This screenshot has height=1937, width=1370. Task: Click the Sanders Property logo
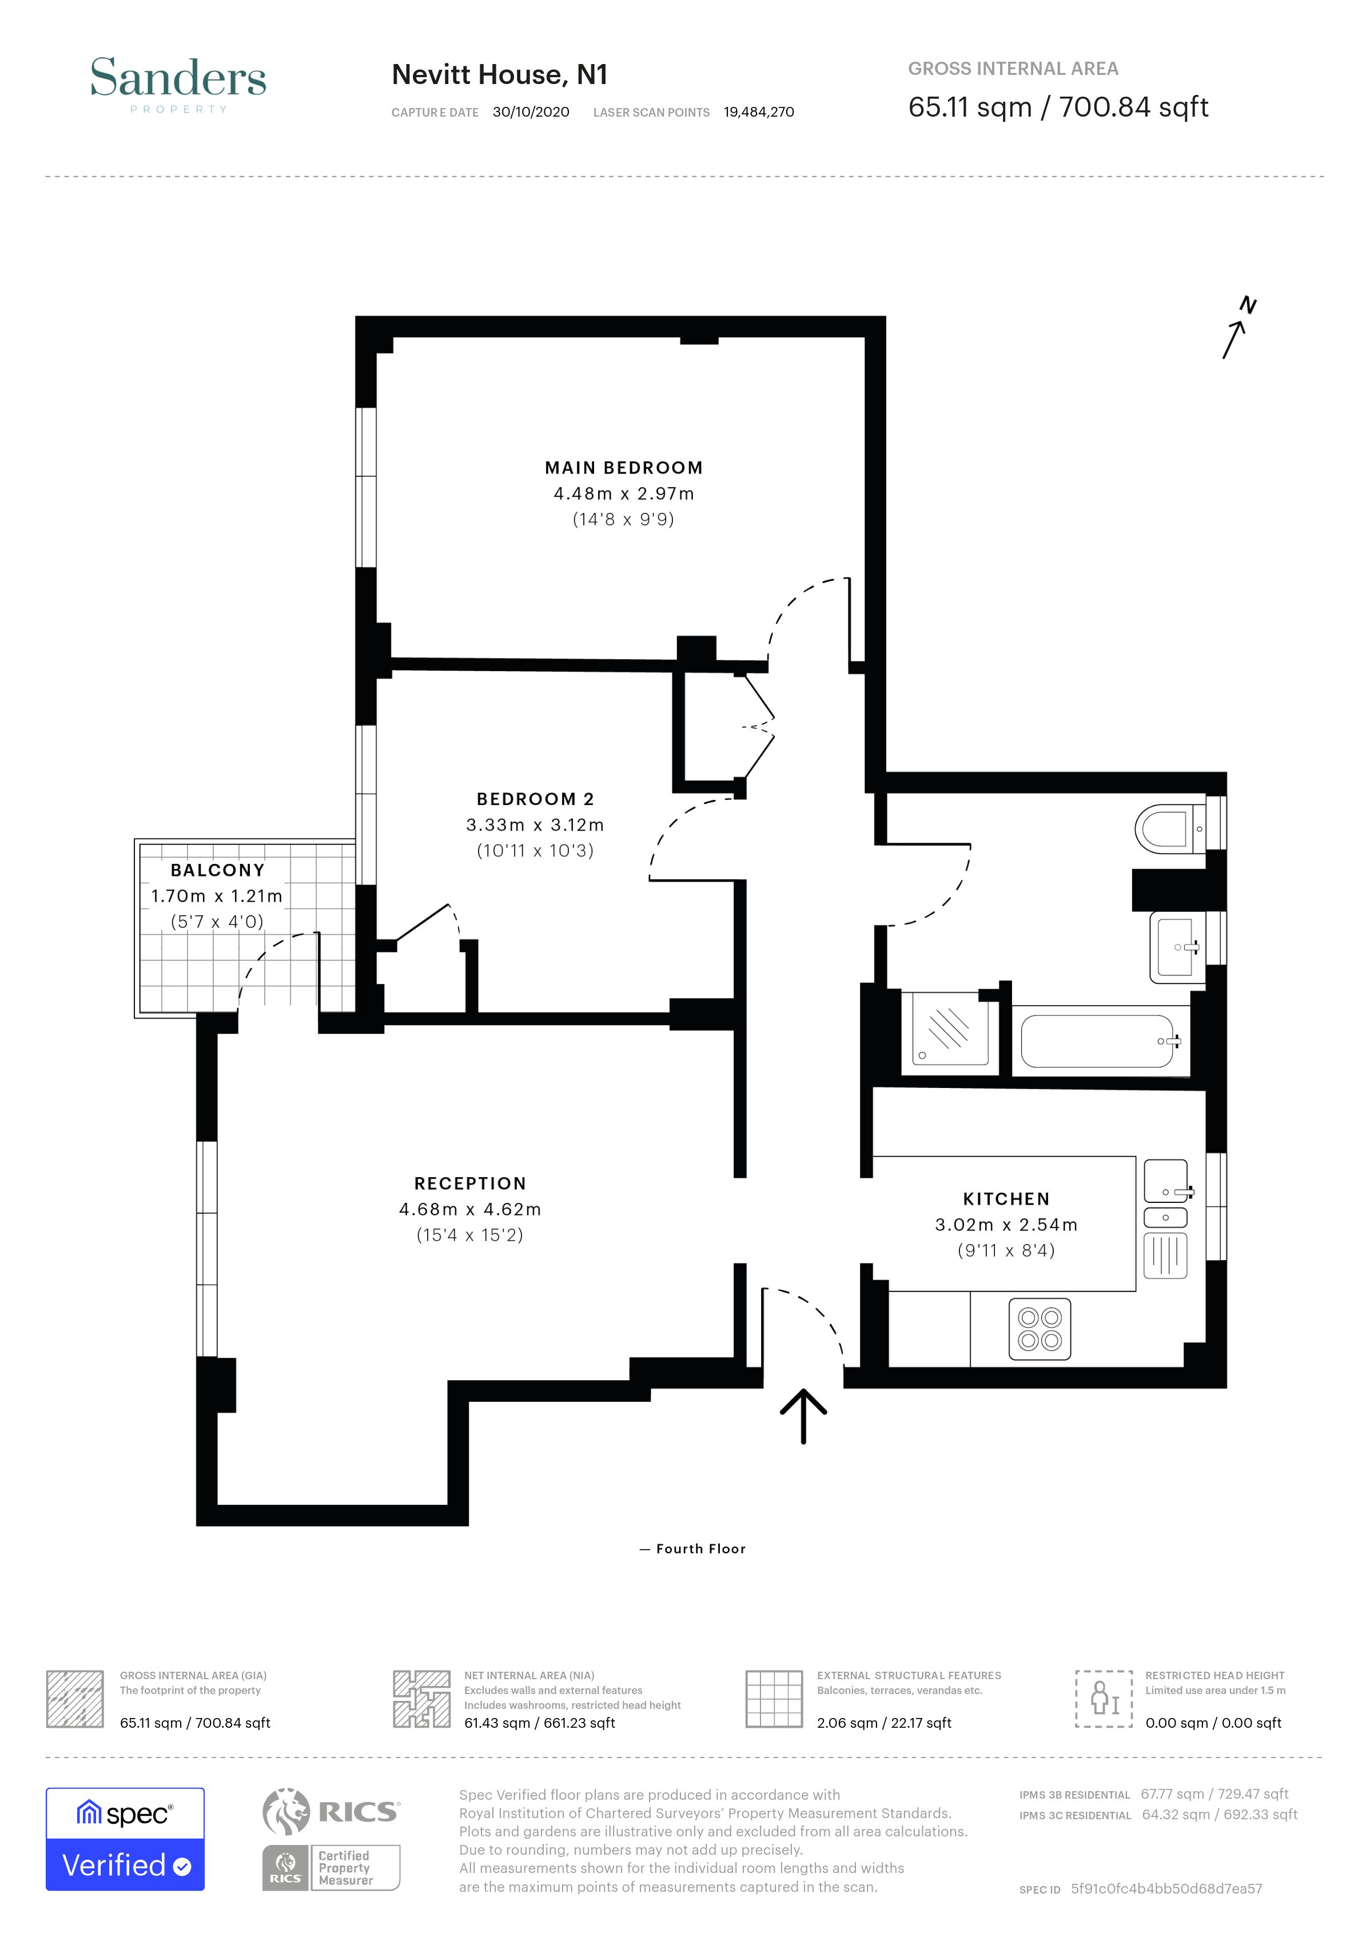(178, 83)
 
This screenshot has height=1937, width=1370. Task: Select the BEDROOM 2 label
(535, 799)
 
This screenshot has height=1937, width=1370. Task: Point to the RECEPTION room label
(470, 1183)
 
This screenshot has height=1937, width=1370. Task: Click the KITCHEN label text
(1006, 1199)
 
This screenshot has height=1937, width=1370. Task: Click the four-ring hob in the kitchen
(1040, 1329)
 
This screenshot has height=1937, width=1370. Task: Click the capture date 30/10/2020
(531, 112)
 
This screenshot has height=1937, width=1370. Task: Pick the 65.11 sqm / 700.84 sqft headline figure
(1058, 108)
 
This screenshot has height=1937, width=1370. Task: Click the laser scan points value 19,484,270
(758, 112)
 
